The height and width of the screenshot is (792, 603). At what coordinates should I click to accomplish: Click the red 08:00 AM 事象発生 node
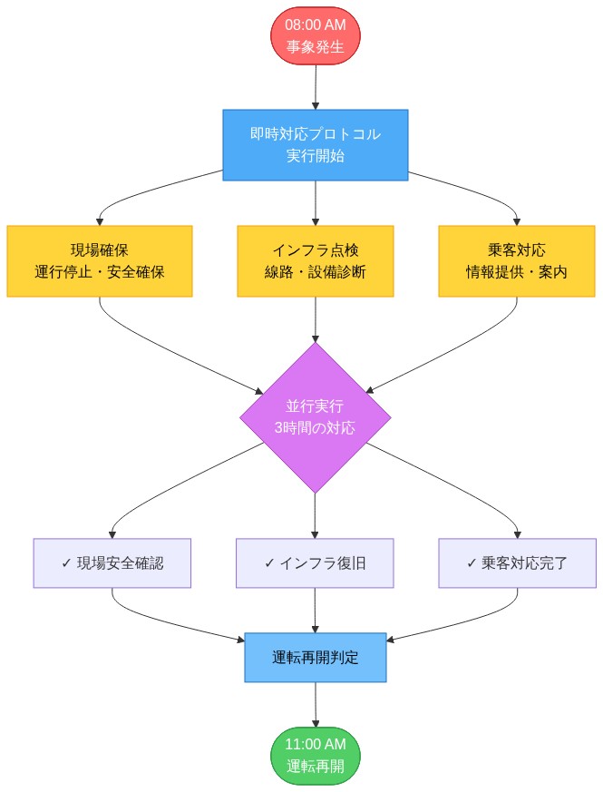(315, 37)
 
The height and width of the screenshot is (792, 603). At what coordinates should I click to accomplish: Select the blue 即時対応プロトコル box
(315, 145)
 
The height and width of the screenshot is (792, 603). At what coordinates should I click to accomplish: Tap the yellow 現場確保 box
(99, 261)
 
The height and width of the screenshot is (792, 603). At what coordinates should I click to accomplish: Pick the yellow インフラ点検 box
(315, 261)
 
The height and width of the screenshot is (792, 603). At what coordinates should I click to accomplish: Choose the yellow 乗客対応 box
(517, 261)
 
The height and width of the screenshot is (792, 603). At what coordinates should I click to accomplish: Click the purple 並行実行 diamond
(315, 417)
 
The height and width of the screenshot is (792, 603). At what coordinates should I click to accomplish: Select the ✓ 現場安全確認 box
(112, 562)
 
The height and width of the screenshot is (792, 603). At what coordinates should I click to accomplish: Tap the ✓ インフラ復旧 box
(315, 562)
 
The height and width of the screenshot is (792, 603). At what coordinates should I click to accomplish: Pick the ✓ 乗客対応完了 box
(517, 562)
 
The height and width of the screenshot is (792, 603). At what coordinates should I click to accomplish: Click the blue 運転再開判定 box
(315, 658)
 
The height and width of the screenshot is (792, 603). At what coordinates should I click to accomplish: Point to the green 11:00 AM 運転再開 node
(315, 755)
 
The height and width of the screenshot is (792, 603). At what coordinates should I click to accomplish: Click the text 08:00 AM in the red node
(315, 26)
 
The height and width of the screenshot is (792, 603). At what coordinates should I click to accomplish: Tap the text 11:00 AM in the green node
(315, 745)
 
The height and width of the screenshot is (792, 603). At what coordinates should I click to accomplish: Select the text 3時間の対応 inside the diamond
(315, 428)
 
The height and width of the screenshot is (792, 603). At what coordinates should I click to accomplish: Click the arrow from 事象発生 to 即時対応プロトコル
(315, 88)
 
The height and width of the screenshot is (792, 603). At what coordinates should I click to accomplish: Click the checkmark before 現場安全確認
(66, 562)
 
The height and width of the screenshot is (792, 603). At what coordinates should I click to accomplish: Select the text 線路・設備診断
(315, 272)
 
